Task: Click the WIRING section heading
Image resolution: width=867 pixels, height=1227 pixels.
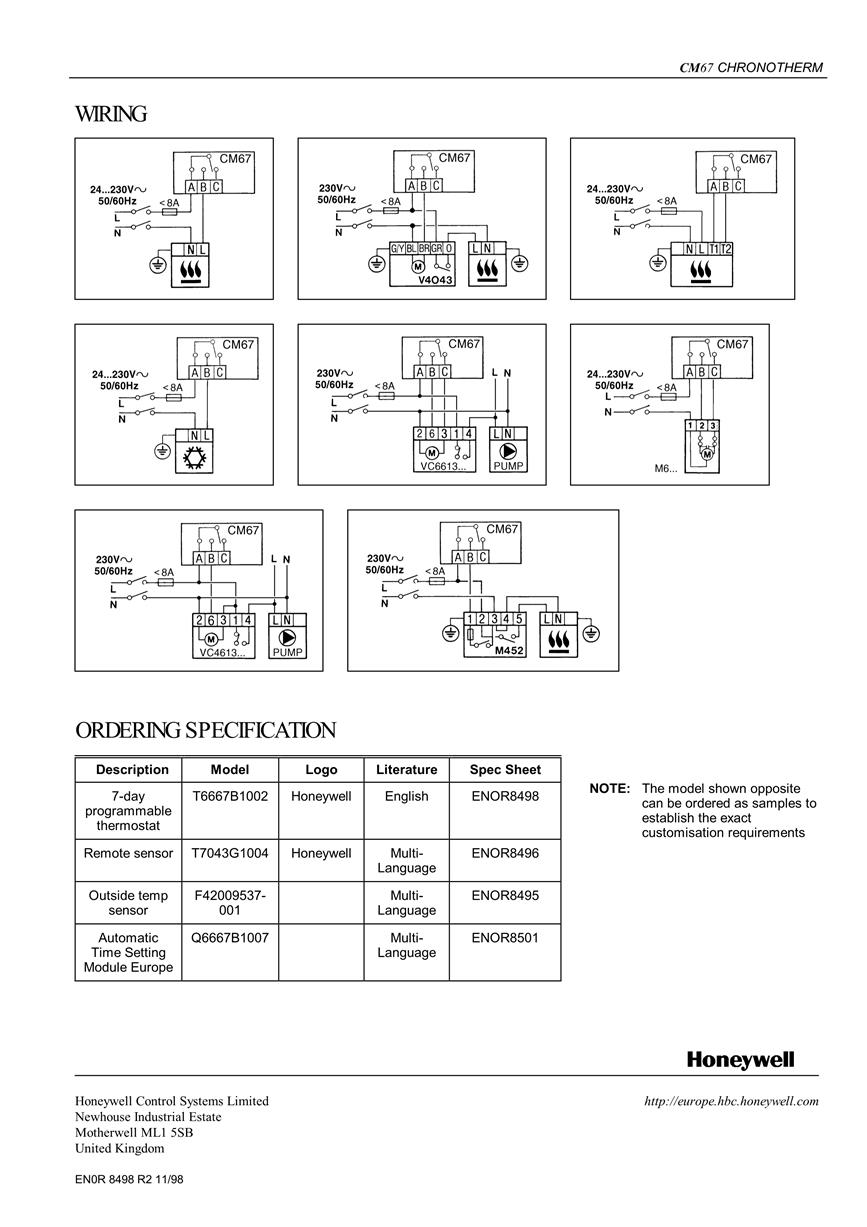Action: (x=111, y=114)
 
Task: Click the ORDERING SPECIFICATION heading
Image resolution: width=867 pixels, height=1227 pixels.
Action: (x=205, y=730)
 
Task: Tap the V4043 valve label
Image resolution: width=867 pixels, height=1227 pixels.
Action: (x=435, y=280)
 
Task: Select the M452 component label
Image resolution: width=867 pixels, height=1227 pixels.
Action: (x=509, y=651)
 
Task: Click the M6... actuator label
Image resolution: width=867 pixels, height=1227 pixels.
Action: (x=665, y=468)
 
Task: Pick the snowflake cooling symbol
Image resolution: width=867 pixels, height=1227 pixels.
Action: (x=193, y=457)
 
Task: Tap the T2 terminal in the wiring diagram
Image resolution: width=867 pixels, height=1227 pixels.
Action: (x=726, y=249)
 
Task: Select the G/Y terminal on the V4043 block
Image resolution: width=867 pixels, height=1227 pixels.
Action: (x=397, y=248)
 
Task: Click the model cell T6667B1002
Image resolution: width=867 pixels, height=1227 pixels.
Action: (x=230, y=796)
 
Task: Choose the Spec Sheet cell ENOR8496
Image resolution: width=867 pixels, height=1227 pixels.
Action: (x=505, y=853)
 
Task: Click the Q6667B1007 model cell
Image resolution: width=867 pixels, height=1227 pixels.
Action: (x=230, y=937)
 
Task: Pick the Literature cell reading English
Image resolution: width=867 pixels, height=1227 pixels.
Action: (x=406, y=796)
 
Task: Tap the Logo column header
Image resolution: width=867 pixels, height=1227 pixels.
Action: (x=321, y=770)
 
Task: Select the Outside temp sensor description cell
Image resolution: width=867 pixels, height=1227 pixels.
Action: (x=128, y=902)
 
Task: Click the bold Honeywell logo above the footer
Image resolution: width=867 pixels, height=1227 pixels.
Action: (x=740, y=1059)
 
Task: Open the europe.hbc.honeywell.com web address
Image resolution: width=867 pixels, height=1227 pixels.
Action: (x=731, y=1101)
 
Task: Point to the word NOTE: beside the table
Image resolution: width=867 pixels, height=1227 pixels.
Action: (x=610, y=789)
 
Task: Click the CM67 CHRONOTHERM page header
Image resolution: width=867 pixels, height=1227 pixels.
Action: (x=751, y=67)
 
